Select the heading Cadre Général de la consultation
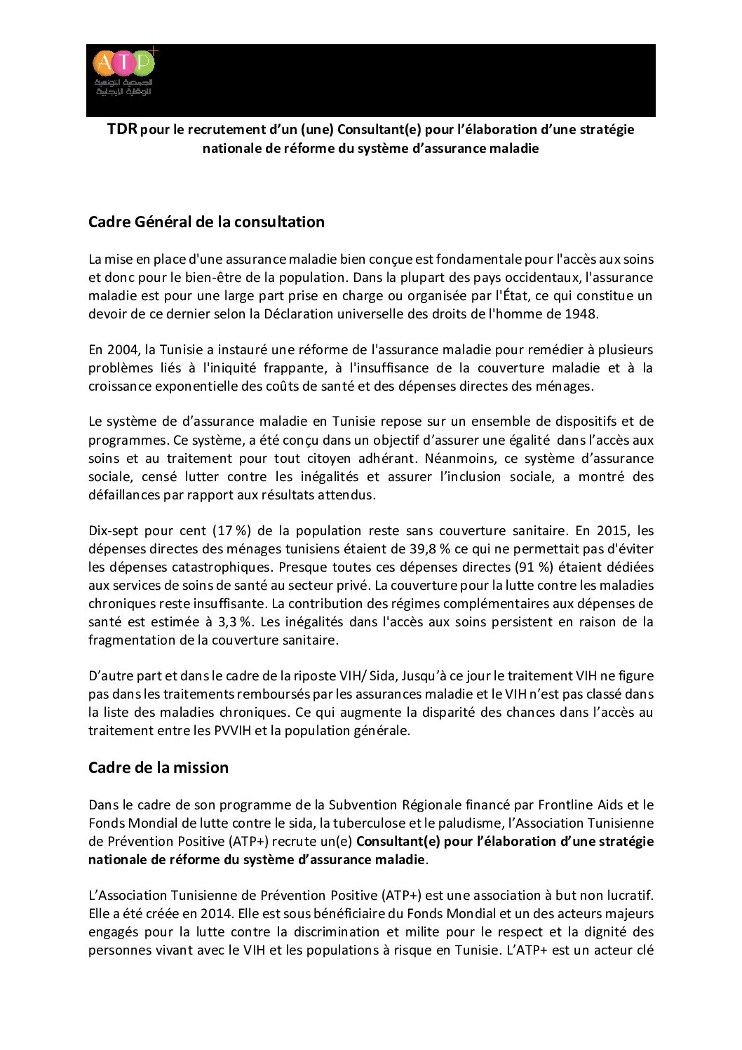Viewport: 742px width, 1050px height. coord(206,222)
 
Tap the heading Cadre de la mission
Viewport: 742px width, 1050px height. coord(158,767)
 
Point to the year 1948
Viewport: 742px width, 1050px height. coord(582,314)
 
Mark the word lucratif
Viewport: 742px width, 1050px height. coord(626,896)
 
